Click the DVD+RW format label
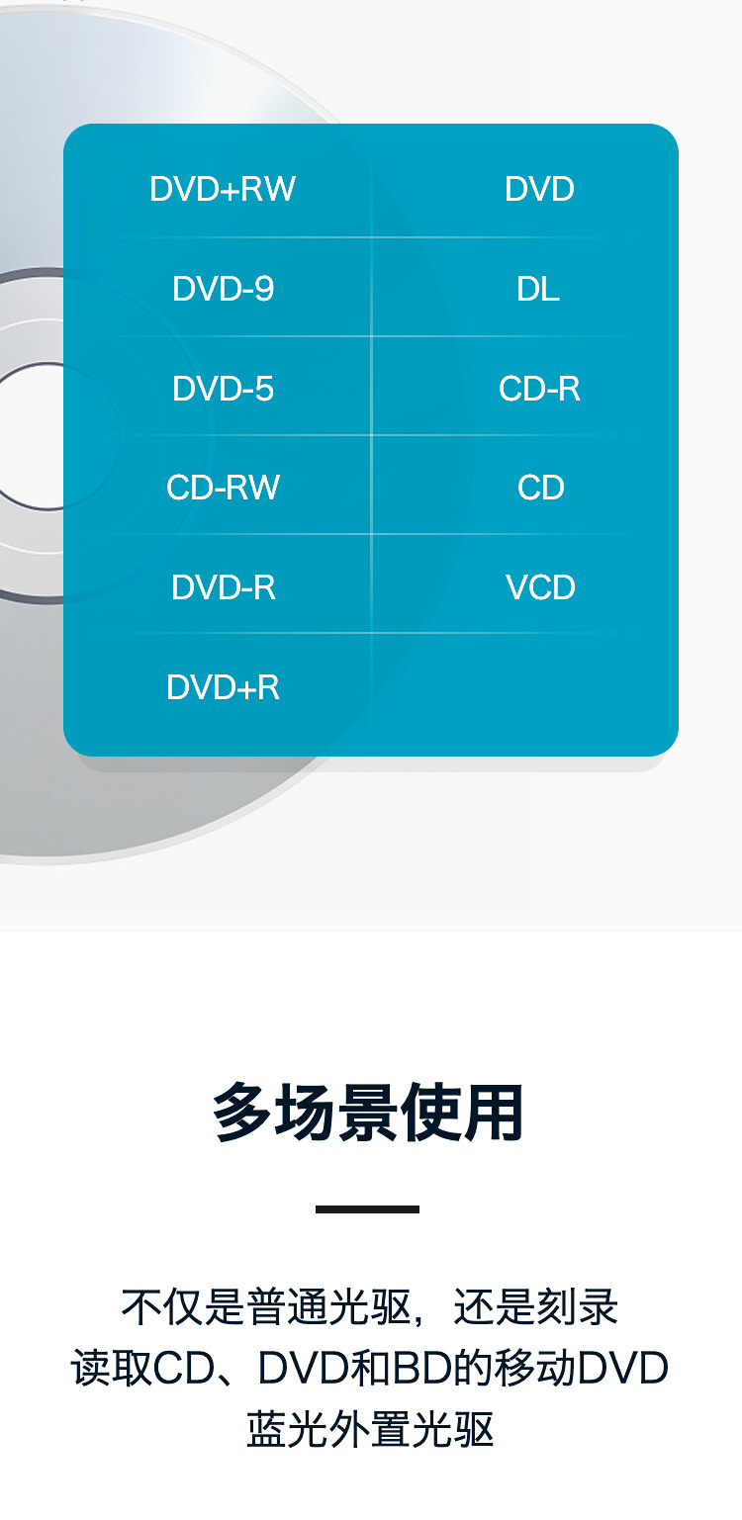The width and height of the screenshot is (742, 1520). pyautogui.click(x=223, y=189)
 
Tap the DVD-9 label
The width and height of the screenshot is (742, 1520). pyautogui.click(x=223, y=289)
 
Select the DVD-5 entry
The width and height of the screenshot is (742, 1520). pyautogui.click(x=223, y=389)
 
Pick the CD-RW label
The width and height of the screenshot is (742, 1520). pyautogui.click(x=223, y=488)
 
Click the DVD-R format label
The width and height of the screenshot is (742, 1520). pyautogui.click(x=223, y=587)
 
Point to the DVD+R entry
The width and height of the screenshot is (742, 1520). pyautogui.click(x=223, y=686)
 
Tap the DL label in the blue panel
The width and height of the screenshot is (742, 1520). pyautogui.click(x=538, y=289)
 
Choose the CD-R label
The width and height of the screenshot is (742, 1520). pyautogui.click(x=539, y=389)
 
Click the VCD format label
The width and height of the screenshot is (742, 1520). pyautogui.click(x=540, y=587)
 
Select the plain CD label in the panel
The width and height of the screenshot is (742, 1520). pyautogui.click(x=540, y=488)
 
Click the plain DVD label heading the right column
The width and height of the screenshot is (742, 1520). pyautogui.click(x=539, y=189)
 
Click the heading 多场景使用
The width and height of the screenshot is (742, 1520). pyautogui.click(x=368, y=1114)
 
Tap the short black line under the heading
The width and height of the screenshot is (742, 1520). pyautogui.click(x=368, y=1208)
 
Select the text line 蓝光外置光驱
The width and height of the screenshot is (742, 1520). pyautogui.click(x=370, y=1430)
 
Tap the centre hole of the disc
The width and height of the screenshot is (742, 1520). pyautogui.click(x=40, y=436)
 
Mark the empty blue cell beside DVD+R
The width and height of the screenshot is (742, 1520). pyautogui.click(x=524, y=686)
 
